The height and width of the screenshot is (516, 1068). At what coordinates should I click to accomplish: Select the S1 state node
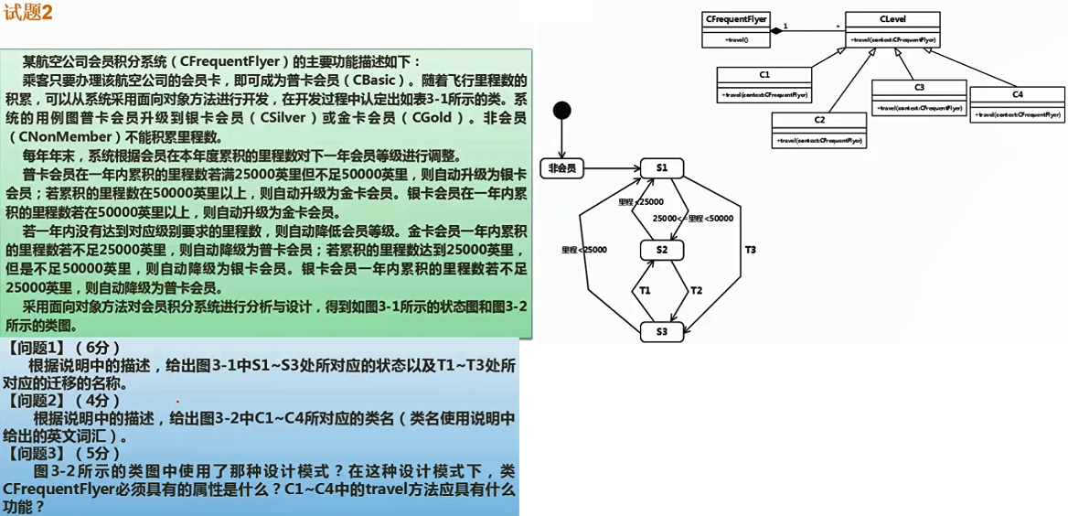[x=662, y=167]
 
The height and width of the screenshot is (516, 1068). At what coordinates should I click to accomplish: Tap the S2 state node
[x=662, y=250]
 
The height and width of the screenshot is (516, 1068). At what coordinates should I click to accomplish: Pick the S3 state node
[x=662, y=331]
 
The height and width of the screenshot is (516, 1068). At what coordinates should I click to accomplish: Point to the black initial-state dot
[x=561, y=111]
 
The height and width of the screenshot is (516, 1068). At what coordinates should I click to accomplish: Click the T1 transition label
[x=645, y=290]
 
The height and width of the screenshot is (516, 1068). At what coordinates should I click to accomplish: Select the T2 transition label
[x=696, y=290]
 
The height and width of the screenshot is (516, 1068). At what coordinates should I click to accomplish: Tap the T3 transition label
[x=750, y=249]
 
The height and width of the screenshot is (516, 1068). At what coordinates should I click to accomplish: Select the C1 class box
[x=764, y=84]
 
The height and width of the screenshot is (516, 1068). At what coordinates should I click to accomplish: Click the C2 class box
[x=819, y=130]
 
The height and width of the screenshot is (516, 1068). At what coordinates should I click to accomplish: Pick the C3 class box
[x=919, y=97]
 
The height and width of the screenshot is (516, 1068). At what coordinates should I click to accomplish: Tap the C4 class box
[x=1017, y=104]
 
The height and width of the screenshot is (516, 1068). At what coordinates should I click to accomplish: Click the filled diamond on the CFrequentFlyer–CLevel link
[x=775, y=30]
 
